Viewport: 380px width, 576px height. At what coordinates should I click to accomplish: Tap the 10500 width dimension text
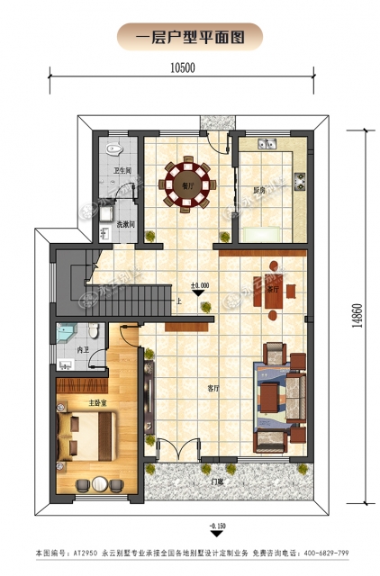click(183, 67)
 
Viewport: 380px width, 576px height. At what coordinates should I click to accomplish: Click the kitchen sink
click(267, 143)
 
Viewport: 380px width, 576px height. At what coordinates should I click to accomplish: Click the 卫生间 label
click(123, 171)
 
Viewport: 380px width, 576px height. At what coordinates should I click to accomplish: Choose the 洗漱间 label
click(125, 224)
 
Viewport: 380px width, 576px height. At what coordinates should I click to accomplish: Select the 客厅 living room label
click(214, 389)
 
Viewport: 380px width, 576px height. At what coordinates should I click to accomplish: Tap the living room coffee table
click(268, 396)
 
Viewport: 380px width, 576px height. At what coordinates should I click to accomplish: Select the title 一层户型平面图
click(189, 36)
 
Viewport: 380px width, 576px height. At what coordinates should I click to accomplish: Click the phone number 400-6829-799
click(333, 552)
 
